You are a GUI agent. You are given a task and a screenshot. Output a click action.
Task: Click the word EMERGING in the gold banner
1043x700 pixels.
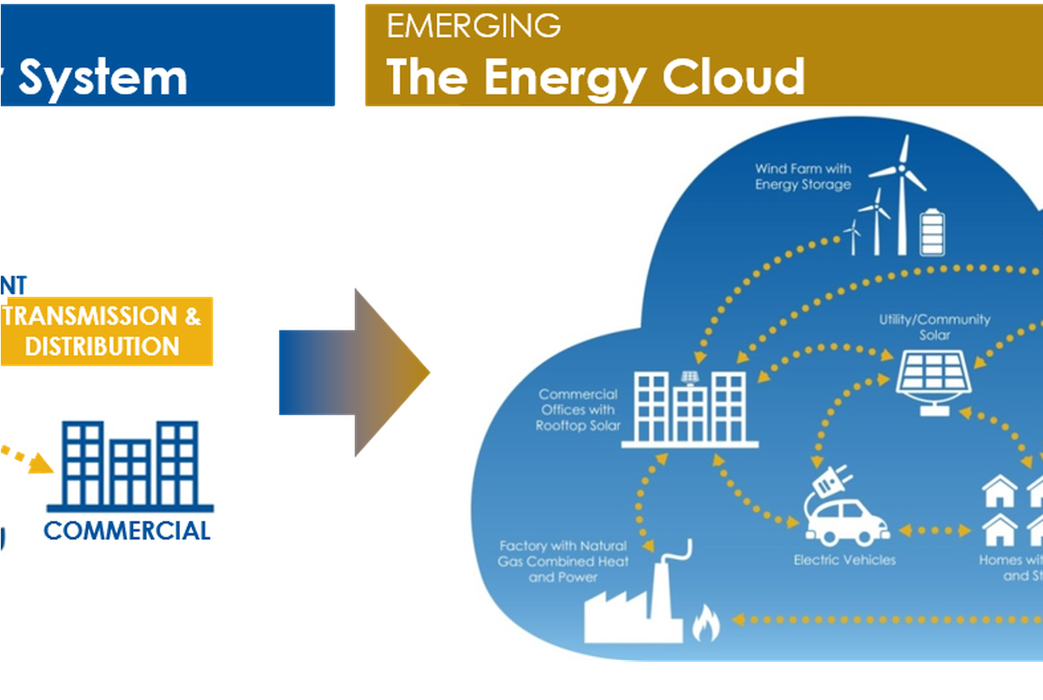(x=473, y=25)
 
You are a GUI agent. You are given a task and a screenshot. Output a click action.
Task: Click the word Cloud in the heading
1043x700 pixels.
(x=733, y=77)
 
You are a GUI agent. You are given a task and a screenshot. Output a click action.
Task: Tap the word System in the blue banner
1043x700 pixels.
(x=103, y=78)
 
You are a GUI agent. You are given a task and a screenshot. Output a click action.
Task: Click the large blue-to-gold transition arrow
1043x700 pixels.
(x=354, y=373)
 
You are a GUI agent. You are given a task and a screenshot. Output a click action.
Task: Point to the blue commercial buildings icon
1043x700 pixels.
(x=131, y=464)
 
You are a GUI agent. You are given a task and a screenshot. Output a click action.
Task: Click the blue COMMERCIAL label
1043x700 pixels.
(x=128, y=532)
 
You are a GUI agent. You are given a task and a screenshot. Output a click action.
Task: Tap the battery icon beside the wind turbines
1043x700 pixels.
(x=931, y=233)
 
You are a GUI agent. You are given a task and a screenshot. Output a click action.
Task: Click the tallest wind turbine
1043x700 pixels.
(x=900, y=195)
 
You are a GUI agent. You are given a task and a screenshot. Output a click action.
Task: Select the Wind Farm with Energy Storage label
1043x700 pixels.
(x=802, y=177)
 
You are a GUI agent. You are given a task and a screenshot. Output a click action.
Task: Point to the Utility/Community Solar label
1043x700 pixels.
(x=934, y=327)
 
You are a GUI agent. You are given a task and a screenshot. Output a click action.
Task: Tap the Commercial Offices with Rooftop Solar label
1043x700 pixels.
(x=578, y=410)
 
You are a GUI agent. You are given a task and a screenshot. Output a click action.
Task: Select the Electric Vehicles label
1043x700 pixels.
(x=844, y=560)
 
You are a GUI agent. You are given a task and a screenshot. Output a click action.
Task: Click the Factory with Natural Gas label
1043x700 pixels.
(x=563, y=562)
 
